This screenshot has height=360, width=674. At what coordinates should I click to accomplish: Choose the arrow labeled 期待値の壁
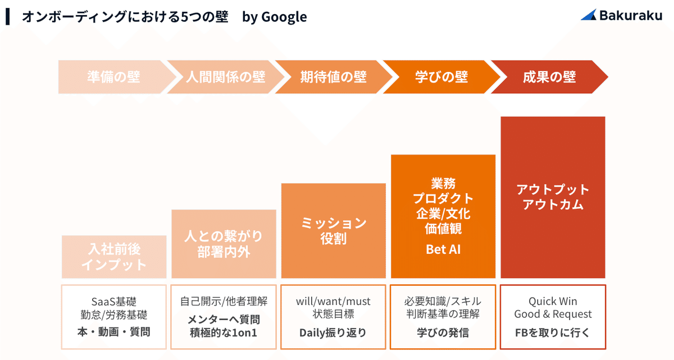coord(334,77)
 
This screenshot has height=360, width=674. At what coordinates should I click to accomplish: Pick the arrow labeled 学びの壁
coord(441,77)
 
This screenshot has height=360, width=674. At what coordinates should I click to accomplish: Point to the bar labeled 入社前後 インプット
coord(114,257)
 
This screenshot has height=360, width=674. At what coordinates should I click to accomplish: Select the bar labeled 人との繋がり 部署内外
coord(224,244)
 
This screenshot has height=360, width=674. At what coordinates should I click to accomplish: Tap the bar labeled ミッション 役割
coord(334,231)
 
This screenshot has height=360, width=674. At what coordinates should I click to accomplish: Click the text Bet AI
coord(443,249)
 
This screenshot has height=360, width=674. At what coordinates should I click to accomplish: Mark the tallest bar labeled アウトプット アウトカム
coord(553,197)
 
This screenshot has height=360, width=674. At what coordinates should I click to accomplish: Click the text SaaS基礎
coord(114,302)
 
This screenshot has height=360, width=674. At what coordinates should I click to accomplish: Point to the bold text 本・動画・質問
coord(114,332)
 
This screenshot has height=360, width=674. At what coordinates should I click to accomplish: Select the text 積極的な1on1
coord(224,332)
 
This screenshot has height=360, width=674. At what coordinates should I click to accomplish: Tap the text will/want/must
coord(334,302)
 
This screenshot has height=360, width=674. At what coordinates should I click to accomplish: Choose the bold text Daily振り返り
coord(334,332)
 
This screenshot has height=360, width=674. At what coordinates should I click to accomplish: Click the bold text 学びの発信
coord(443,332)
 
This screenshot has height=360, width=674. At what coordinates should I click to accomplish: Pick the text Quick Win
coord(553,302)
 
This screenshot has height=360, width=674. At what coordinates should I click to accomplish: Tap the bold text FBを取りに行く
coord(553,332)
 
